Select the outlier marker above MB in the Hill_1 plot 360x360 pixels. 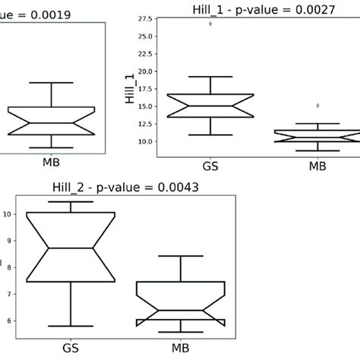[317, 106]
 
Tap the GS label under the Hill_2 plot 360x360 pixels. [70, 349]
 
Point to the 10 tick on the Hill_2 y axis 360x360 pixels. [7, 214]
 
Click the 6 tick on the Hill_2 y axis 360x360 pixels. [8, 321]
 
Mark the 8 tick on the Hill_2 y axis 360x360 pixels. [8, 267]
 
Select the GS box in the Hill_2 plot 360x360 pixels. [70, 247]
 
